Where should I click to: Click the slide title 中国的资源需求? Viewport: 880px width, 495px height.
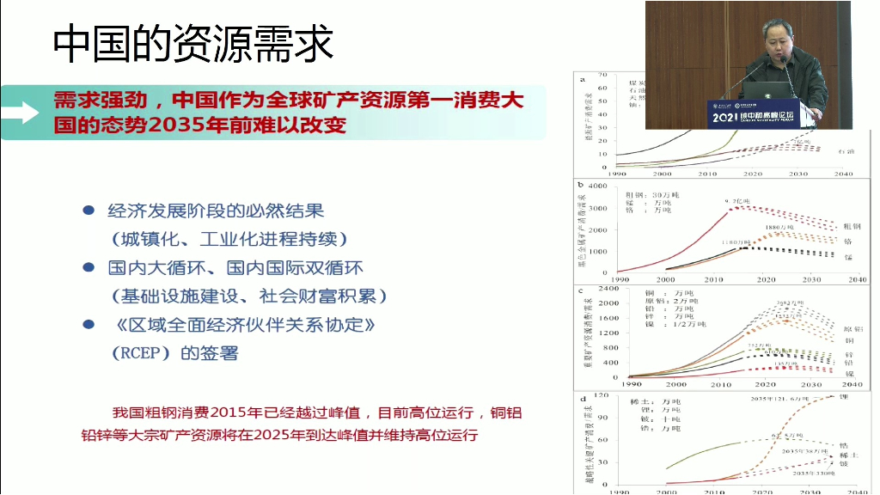[193, 44]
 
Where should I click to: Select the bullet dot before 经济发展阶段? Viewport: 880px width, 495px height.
[88, 211]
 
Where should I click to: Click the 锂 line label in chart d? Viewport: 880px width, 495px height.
[844, 399]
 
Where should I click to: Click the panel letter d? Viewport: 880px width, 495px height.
[583, 398]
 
